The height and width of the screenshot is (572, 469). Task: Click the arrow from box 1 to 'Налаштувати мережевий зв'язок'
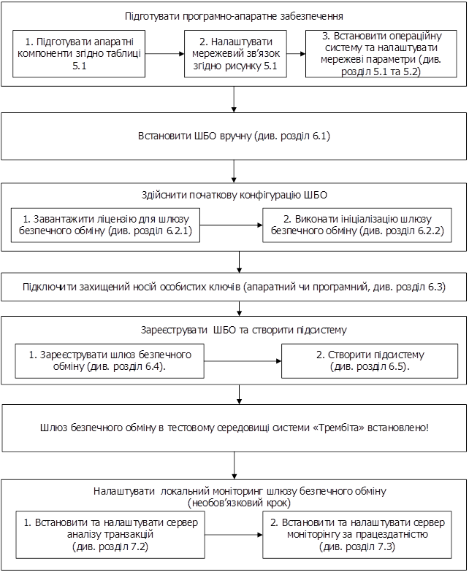(x=165, y=53)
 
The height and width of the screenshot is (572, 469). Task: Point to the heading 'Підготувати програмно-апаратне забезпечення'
(x=234, y=15)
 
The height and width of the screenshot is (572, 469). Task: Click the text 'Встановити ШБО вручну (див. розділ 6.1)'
(x=234, y=136)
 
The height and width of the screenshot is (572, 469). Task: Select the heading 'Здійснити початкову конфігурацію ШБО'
(x=234, y=195)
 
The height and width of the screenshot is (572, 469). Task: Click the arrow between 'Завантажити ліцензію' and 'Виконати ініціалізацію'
(x=232, y=225)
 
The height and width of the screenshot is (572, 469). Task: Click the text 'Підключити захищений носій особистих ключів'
(x=234, y=287)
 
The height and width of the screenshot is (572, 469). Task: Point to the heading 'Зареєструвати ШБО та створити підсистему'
(x=234, y=330)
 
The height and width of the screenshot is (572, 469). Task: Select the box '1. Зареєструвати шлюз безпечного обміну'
(x=110, y=360)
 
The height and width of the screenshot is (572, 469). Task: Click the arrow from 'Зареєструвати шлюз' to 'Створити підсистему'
(x=243, y=360)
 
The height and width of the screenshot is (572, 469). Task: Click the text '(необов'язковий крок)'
(x=234, y=503)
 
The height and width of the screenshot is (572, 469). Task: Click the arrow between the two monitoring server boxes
(x=234, y=535)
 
